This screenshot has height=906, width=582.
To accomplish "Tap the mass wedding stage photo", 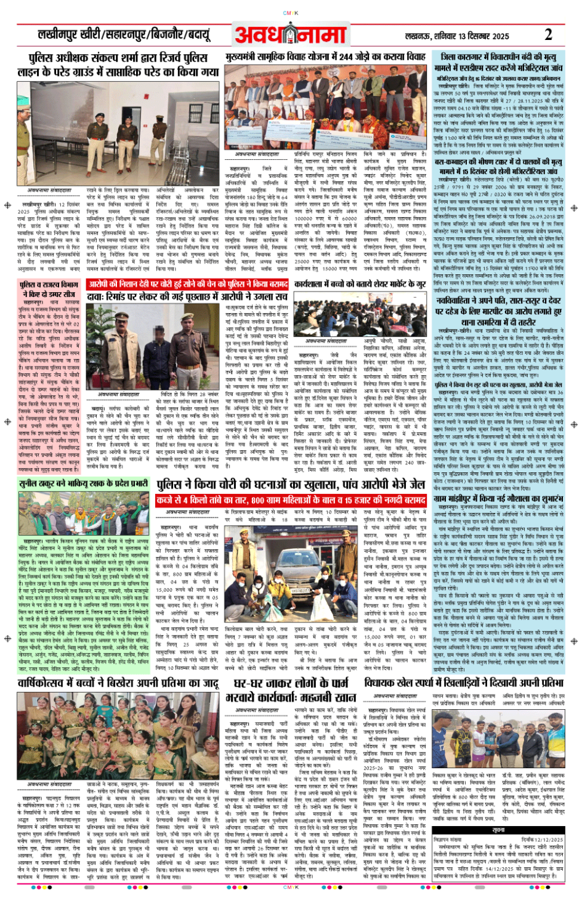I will [325, 106].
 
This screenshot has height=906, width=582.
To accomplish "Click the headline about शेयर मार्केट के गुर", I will [360, 285].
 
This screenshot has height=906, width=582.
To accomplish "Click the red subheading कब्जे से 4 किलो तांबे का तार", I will [291, 500].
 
